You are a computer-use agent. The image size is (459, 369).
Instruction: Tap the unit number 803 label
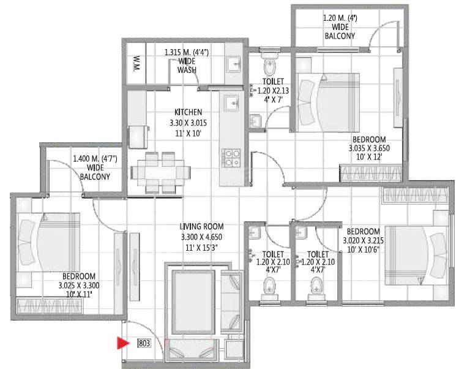tap(144, 344)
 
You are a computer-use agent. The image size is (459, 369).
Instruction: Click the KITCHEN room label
tap(188, 113)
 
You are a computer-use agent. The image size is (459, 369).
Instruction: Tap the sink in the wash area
tap(233, 64)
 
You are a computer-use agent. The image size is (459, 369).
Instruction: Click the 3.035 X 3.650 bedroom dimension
tap(369, 148)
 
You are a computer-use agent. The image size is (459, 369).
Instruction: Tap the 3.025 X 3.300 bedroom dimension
tap(79, 285)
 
